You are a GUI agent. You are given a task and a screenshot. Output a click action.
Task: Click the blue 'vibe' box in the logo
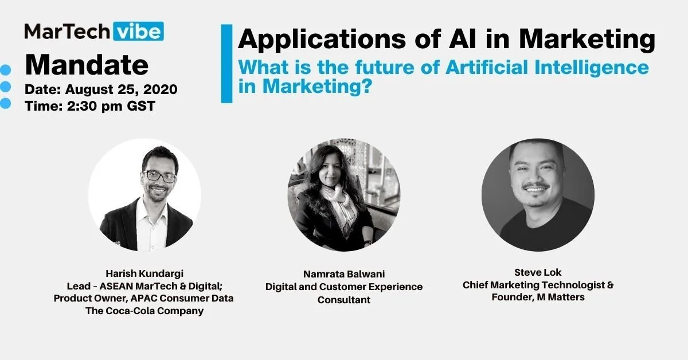(139, 31)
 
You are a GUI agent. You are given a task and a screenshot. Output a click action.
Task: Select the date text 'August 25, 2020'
(121, 89)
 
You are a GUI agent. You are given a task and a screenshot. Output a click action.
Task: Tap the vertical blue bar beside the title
(226, 63)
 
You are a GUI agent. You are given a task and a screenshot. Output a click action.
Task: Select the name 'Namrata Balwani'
(344, 275)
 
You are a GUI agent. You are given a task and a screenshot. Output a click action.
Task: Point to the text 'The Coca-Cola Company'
(143, 311)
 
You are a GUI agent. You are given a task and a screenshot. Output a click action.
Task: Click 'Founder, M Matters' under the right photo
(538, 298)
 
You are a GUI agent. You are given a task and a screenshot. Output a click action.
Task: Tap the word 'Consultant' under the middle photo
(344, 299)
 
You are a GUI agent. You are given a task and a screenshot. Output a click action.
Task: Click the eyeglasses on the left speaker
(160, 176)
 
